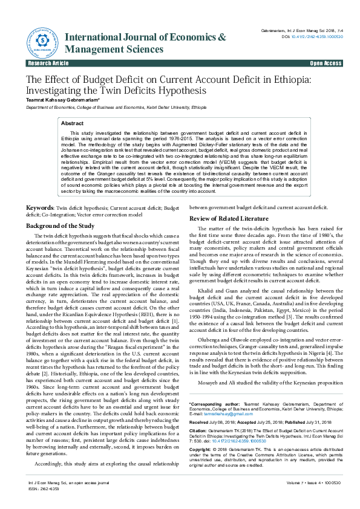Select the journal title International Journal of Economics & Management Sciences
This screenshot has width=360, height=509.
click(x=145, y=43)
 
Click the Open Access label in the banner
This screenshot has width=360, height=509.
click(x=326, y=63)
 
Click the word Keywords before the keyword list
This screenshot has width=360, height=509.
click(x=40, y=207)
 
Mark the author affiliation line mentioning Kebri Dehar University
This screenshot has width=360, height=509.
click(x=106, y=107)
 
